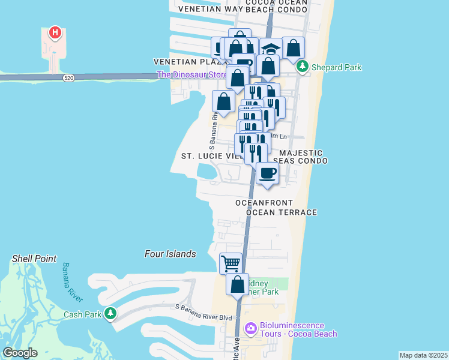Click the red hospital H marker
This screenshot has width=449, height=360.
[55, 32]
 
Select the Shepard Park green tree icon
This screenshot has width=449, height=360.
[303, 67]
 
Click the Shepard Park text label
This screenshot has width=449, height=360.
[336, 67]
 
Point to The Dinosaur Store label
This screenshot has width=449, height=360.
[191, 75]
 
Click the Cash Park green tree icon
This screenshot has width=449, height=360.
[110, 314]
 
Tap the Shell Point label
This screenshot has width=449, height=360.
[34, 259]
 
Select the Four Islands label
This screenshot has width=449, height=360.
[170, 254]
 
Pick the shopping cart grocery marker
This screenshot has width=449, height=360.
[231, 263]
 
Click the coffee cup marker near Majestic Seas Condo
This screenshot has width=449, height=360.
[268, 173]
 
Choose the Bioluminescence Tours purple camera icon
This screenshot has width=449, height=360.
[251, 329]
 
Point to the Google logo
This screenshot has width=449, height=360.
[20, 353]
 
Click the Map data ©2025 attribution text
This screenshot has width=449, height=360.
[423, 355]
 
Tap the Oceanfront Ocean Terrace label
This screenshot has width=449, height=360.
[276, 208]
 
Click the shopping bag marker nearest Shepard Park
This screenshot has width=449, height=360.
[293, 48]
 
